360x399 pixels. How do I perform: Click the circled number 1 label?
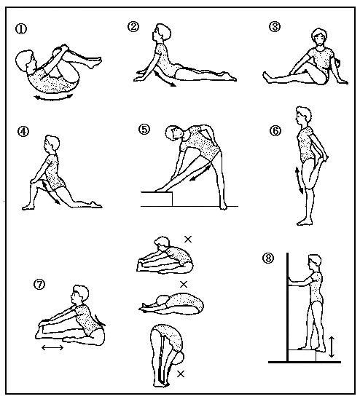[x=21, y=28]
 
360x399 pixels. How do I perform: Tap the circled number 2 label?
[x=133, y=27]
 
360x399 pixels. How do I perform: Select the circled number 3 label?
[x=275, y=27]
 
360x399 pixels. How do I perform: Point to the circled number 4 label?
[x=23, y=132]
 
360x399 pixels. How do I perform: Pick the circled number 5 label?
[x=144, y=130]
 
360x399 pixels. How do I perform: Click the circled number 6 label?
[x=275, y=131]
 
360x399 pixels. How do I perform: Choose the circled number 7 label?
[x=39, y=285]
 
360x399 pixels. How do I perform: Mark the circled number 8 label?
[x=268, y=258]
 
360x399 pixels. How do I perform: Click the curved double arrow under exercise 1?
[x=54, y=98]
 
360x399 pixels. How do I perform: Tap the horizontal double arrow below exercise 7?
[x=52, y=347]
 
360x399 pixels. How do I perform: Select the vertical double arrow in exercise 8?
[x=331, y=347]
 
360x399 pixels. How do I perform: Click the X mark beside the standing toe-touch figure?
[x=181, y=374]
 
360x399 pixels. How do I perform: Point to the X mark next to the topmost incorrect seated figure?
[x=188, y=240]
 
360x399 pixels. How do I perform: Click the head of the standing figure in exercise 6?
[x=303, y=116]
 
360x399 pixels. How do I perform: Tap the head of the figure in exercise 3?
[x=319, y=38]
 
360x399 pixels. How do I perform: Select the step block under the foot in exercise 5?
[x=157, y=199]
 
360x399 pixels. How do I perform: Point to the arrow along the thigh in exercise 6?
[x=299, y=181]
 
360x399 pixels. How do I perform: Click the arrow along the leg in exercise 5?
[x=200, y=173]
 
